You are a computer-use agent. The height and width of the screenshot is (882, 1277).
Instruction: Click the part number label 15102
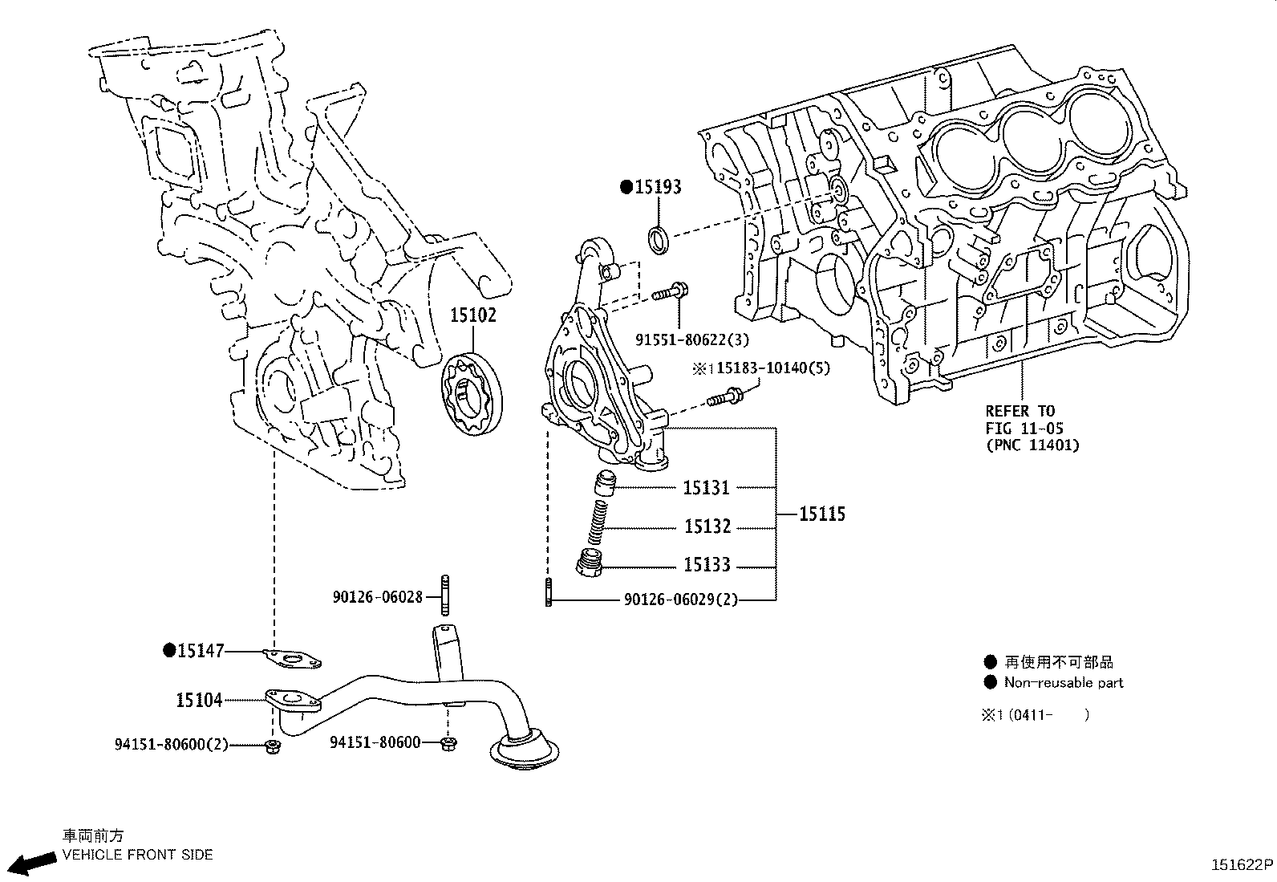pos(472,315)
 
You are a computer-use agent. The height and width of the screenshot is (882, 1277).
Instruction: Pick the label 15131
pos(707,487)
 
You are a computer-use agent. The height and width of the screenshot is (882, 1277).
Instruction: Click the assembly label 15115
pos(822,514)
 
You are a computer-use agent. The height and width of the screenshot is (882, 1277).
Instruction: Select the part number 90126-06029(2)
pos(680,600)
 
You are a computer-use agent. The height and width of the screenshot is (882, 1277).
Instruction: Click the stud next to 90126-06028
pos(444,595)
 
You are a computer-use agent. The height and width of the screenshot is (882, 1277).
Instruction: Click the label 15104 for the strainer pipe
pos(199,700)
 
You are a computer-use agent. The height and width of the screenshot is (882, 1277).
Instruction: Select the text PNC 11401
pos(1032,445)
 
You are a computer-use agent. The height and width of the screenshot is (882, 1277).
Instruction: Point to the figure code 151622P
pos(1242,865)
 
